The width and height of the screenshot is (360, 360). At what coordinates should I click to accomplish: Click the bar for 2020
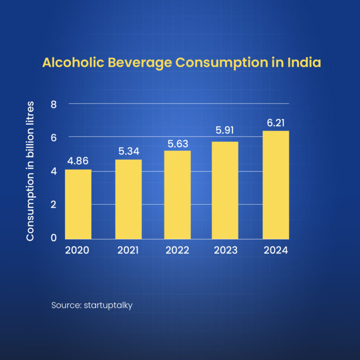click(78, 204)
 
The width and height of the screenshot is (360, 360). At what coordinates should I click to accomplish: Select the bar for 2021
click(128, 199)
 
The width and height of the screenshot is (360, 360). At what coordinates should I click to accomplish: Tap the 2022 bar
click(177, 195)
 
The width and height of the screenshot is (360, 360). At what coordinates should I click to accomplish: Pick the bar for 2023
click(225, 190)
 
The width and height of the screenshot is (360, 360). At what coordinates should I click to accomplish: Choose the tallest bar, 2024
click(276, 185)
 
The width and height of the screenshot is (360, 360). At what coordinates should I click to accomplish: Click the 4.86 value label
click(78, 161)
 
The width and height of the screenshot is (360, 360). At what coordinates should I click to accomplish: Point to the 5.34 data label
click(128, 151)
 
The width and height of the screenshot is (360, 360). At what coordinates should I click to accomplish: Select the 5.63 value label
click(177, 142)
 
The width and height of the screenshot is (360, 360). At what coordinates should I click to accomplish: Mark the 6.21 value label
click(276, 122)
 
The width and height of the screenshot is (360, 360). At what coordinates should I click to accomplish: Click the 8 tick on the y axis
click(53, 104)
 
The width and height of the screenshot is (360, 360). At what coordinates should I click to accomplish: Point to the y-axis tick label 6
click(53, 138)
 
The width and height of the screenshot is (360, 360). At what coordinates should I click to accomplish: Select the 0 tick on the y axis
click(53, 238)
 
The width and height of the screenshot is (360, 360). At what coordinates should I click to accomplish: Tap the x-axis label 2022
click(177, 250)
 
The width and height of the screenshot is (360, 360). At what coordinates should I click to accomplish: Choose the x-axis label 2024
click(276, 250)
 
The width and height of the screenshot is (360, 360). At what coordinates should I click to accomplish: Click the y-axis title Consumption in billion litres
click(30, 171)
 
